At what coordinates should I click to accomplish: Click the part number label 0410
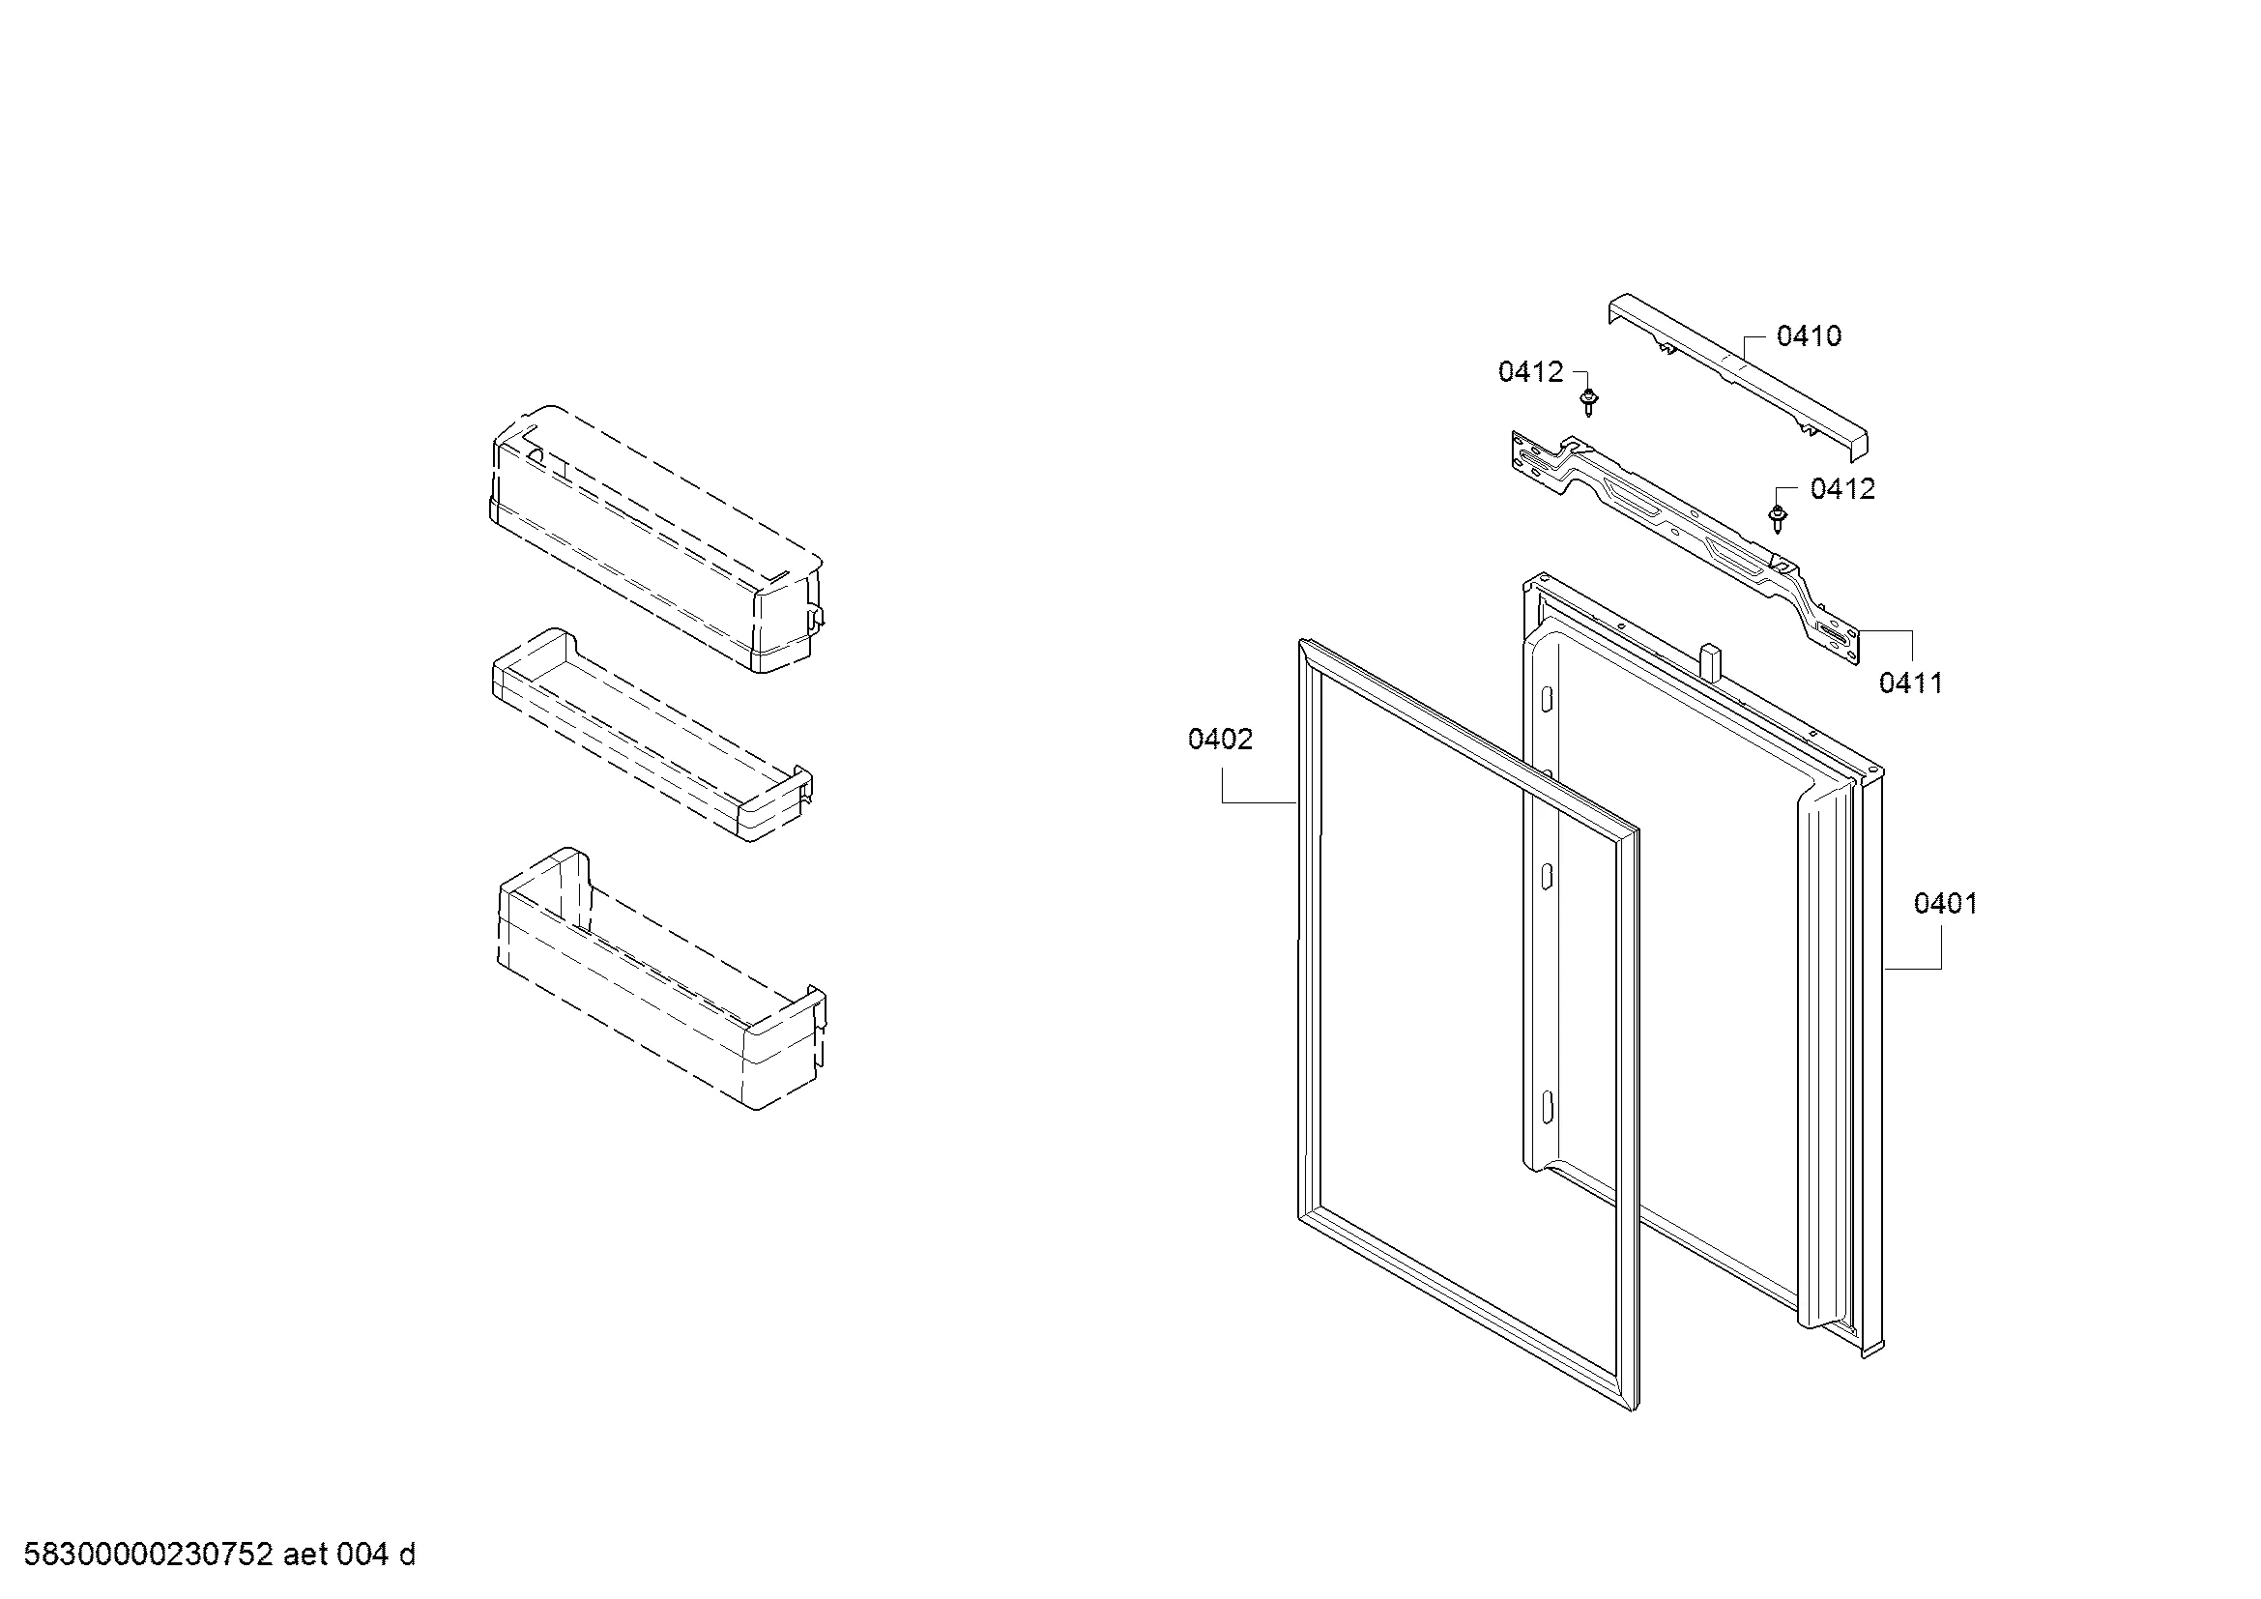click(x=1808, y=336)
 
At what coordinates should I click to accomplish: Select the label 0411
click(x=1910, y=683)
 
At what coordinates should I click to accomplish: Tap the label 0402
click(x=1220, y=739)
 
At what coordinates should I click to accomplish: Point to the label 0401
click(x=1945, y=903)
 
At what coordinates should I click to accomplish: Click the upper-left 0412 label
click(x=1530, y=371)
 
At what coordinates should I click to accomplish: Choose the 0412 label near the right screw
click(x=1842, y=488)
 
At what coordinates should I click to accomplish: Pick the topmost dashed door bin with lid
click(x=656, y=538)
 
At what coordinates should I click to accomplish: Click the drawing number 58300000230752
click(x=148, y=1555)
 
